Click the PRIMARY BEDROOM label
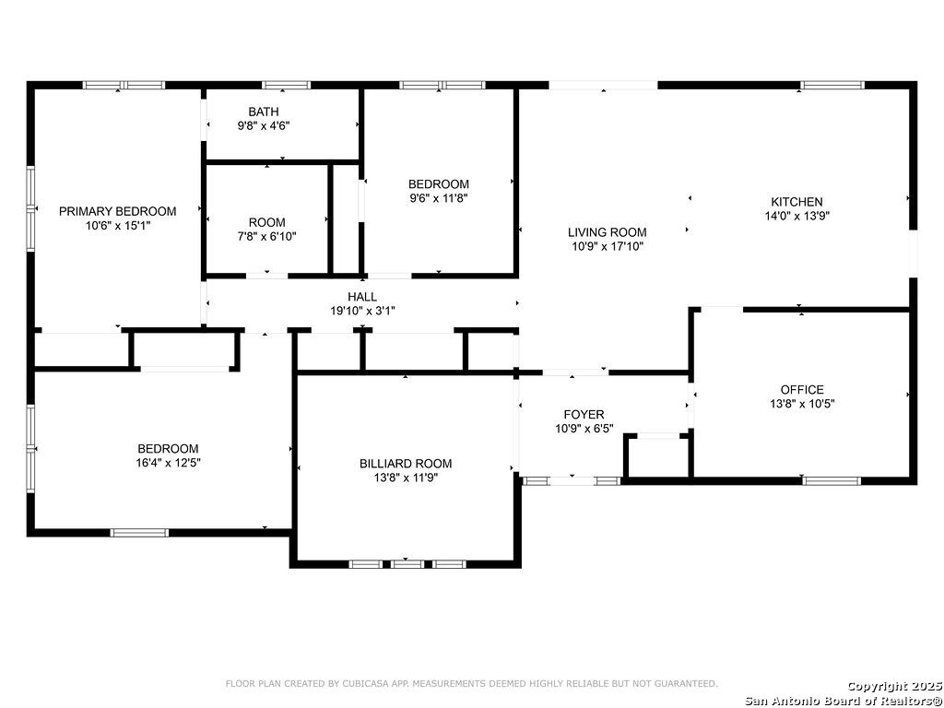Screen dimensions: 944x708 pos(117,211)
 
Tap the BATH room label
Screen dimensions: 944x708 pos(264,112)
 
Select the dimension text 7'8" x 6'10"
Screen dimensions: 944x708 pos(266,237)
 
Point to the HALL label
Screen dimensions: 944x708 pos(362,297)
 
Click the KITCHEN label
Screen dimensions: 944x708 pos(797,202)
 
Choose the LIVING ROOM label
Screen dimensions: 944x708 pos(608,231)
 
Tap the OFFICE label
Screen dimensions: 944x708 pos(802,390)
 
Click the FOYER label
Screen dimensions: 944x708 pos(584,414)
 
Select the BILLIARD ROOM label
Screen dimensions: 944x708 pos(406,464)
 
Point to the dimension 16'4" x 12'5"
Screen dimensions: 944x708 pos(168,463)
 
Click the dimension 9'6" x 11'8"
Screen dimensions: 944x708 pos(438,198)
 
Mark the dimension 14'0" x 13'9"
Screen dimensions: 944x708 pos(797,216)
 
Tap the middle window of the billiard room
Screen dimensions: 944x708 pos(407,564)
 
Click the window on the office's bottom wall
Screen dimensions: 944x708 pos(832,480)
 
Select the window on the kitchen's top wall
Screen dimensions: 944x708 pos(832,85)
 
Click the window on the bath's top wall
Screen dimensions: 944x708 pos(287,85)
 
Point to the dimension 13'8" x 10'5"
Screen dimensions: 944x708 pos(802,404)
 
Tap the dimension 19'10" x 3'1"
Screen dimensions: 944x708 pos(362,311)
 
